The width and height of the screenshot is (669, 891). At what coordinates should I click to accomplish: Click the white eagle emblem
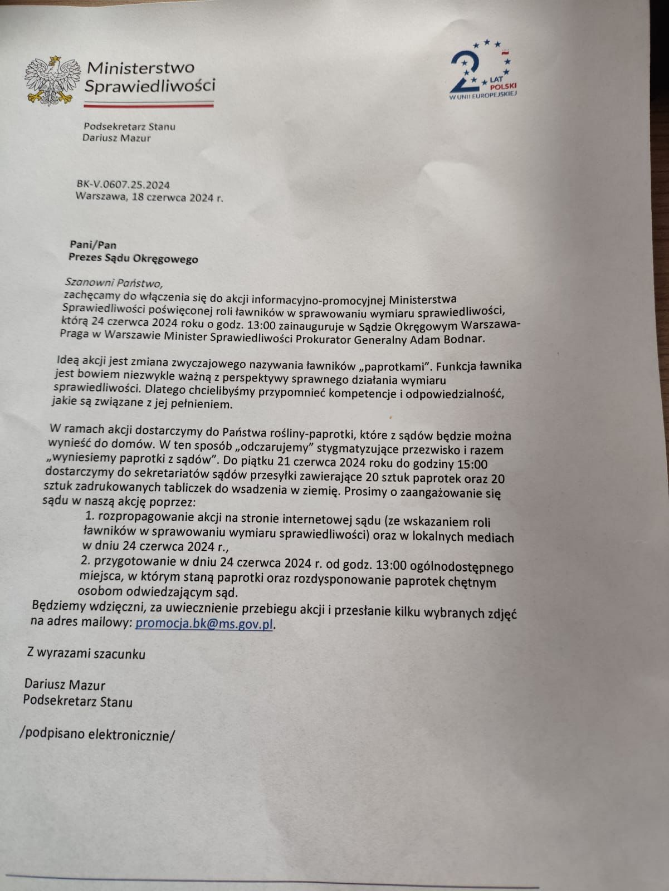[51, 80]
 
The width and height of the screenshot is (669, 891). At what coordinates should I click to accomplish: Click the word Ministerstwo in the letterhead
[141, 68]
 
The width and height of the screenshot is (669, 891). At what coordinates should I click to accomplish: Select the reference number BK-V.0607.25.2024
[123, 185]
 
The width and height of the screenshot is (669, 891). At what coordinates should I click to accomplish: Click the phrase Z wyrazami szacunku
[86, 653]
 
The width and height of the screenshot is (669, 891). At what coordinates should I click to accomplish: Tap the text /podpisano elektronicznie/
[97, 735]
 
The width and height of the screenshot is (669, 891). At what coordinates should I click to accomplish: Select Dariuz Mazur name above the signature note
[65, 684]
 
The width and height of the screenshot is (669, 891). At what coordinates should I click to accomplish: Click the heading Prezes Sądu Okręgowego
[133, 258]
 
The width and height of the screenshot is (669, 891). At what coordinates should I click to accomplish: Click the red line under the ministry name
[149, 104]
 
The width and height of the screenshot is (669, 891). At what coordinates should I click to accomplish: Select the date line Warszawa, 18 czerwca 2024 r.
[149, 197]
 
